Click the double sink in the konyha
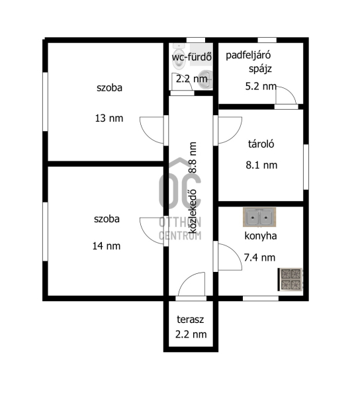point(259,217)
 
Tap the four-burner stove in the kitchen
point(291,279)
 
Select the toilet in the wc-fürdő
point(179,57)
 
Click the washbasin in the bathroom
point(205,79)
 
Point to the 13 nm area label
point(109,118)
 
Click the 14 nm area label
point(107,246)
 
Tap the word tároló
point(261,144)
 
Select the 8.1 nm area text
point(261,165)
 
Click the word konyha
point(261,236)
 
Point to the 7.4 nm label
point(259,257)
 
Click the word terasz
point(191,320)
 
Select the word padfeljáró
point(248,55)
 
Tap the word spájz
point(260,69)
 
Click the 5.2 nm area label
point(261,86)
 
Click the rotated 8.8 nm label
point(193,157)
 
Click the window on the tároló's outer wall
point(306,167)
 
